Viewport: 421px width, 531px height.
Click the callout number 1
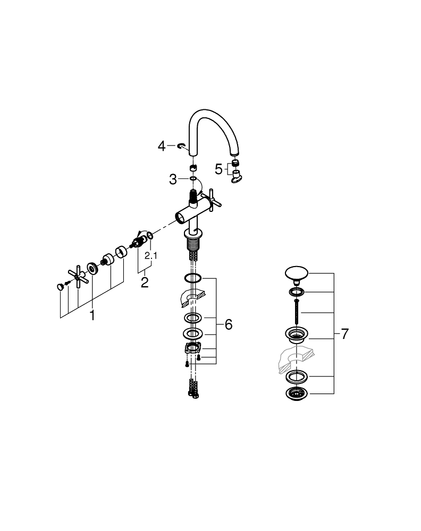coord(92,315)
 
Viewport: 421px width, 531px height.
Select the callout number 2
coord(145,282)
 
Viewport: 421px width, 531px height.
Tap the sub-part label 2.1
coord(151,255)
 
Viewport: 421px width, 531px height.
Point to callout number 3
coord(173,179)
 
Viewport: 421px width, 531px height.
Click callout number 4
coord(162,147)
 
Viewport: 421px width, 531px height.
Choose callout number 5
coord(218,169)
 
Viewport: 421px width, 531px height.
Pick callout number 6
coord(229,324)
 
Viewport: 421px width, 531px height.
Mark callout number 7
coord(345,334)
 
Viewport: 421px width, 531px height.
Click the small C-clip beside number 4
coord(181,145)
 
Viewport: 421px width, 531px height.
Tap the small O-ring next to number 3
coord(193,178)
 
